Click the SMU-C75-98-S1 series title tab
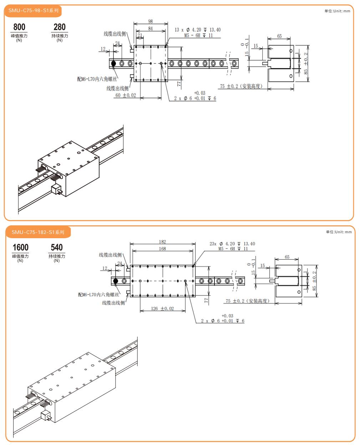(x=33, y=11)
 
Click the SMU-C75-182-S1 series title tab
(x=38, y=232)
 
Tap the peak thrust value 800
(x=19, y=27)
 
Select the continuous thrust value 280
(x=60, y=27)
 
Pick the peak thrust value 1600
(x=20, y=247)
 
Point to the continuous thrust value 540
(x=57, y=247)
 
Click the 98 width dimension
(x=151, y=22)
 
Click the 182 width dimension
(x=162, y=242)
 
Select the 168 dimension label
(x=162, y=249)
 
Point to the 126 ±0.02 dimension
(x=162, y=308)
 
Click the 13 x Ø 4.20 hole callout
(x=197, y=30)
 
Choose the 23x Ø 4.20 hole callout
(x=232, y=244)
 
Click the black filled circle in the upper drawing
(x=113, y=63)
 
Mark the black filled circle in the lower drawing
(x=116, y=281)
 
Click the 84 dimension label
(x=151, y=29)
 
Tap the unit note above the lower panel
(x=339, y=232)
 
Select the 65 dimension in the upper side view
(x=279, y=36)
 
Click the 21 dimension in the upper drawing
(x=140, y=35)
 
